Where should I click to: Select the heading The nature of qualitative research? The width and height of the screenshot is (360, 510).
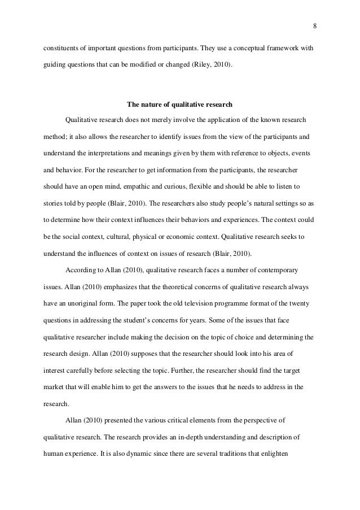coord(179,104)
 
